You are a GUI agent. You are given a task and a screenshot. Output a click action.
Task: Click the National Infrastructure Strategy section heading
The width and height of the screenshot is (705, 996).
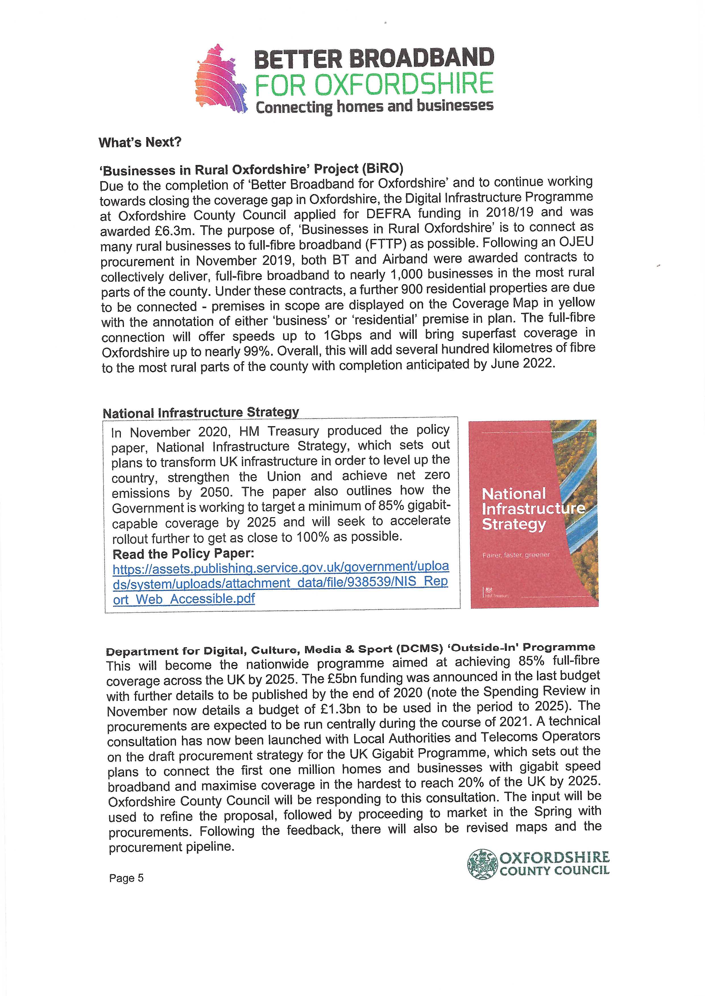pos(201,412)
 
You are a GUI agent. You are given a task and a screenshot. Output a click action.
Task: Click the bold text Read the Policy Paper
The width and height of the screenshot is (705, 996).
pos(183,554)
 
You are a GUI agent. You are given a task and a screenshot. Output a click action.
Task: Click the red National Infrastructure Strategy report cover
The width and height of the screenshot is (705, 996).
pos(534,514)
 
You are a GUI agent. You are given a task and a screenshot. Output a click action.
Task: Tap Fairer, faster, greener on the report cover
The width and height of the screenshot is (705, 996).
pos(516,555)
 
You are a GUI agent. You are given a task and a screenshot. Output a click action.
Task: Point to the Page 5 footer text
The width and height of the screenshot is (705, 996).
pos(126,878)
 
